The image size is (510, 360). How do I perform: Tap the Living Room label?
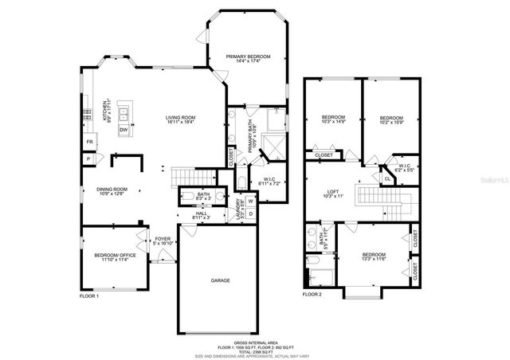point(181,118)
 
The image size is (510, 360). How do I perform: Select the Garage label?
point(221,280)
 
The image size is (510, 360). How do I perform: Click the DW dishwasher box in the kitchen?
point(124,130)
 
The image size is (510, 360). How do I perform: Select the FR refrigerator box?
point(89,142)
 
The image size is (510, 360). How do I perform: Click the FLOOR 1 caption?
point(88,295)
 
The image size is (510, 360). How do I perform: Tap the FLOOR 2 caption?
point(312,295)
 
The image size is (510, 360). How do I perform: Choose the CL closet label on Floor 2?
point(387,179)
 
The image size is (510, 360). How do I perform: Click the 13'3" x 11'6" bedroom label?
point(374,257)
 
